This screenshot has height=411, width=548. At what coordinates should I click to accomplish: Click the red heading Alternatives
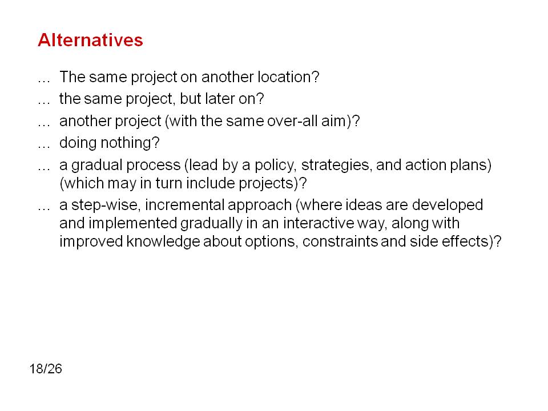91,40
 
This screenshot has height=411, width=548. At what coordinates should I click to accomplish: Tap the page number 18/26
46,369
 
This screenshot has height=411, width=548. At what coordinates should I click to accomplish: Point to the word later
220,99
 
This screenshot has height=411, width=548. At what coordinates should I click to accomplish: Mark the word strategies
336,165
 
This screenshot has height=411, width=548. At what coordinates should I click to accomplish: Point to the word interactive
319,223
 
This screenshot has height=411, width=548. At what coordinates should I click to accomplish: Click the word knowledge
163,242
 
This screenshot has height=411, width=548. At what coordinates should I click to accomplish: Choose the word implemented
133,224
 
